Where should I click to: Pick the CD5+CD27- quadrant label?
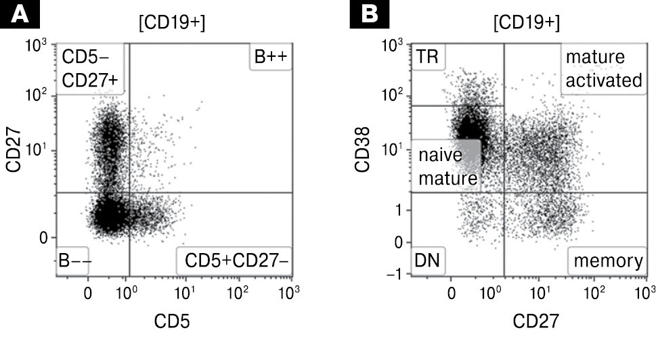[x=234, y=261]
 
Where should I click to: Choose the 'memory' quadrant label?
[x=607, y=261]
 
